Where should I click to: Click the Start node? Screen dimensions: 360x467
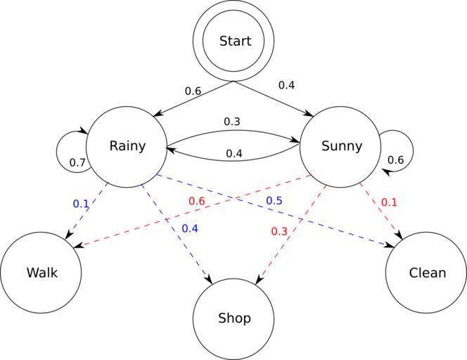[234, 41]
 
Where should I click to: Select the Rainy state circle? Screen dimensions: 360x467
[127, 146]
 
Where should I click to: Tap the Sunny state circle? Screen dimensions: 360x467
[341, 146]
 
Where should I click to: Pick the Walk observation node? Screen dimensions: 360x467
[41, 272]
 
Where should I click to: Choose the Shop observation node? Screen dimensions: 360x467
[234, 319]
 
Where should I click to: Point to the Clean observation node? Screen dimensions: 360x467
[427, 272]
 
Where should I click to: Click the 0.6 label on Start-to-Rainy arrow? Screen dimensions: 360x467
[193, 91]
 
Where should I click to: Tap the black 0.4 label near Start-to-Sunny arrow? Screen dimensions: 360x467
[286, 85]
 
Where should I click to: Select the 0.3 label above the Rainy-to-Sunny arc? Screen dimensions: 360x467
[232, 122]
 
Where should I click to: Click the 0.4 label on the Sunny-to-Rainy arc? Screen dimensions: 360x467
[234, 153]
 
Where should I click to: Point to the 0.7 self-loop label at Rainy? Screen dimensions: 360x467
[77, 163]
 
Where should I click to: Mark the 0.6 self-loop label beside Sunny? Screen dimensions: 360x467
[395, 160]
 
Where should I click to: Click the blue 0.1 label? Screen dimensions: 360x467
[81, 204]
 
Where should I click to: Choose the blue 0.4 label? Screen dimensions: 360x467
[190, 228]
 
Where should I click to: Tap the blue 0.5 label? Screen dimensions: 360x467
[274, 201]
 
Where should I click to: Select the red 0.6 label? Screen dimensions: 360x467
[196, 201]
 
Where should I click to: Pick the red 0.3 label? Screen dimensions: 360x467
[279, 231]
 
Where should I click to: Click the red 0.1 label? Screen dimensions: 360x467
[389, 202]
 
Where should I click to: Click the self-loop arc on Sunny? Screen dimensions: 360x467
[411, 146]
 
